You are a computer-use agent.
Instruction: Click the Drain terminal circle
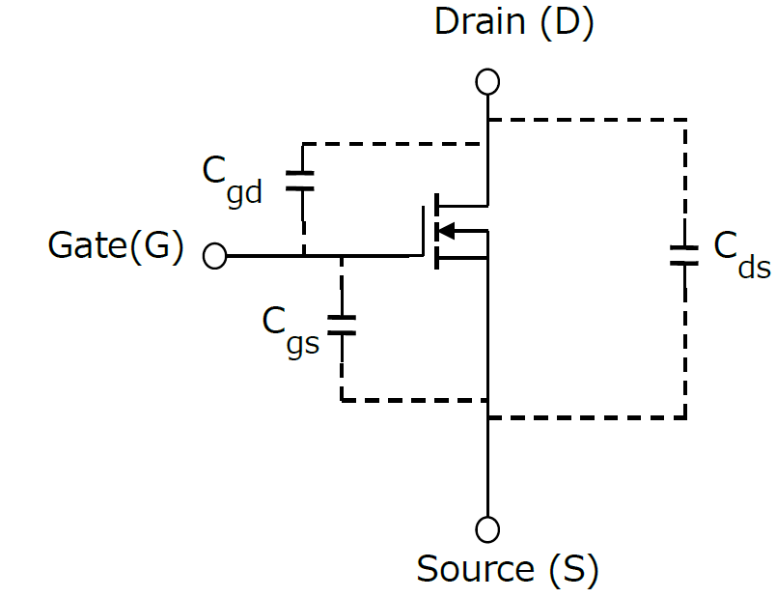coord(487,81)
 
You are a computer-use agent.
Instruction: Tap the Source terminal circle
coord(487,529)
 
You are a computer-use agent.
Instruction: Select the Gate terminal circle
coord(215,257)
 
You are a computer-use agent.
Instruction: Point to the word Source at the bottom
coord(475,569)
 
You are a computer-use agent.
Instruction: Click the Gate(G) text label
coord(115,247)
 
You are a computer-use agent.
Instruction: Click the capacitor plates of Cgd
coord(302,180)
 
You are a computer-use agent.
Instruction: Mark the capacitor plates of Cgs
coord(341,325)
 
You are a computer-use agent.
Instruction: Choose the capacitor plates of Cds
coord(684,255)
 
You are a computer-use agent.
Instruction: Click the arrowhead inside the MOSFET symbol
coord(446,231)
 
